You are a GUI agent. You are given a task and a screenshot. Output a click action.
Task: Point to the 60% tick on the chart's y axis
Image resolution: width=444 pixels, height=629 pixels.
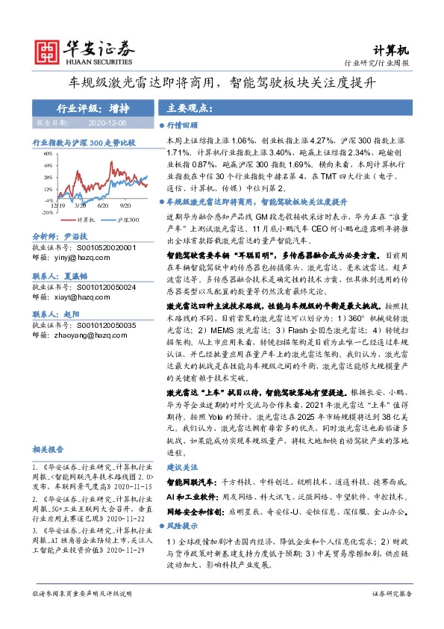pyautogui.click(x=49, y=154)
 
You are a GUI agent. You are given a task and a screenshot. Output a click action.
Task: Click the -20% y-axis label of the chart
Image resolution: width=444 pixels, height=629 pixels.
pyautogui.click(x=48, y=211)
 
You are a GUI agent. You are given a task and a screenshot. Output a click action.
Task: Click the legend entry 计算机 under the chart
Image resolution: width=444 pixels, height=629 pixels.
pyautogui.click(x=84, y=220)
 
